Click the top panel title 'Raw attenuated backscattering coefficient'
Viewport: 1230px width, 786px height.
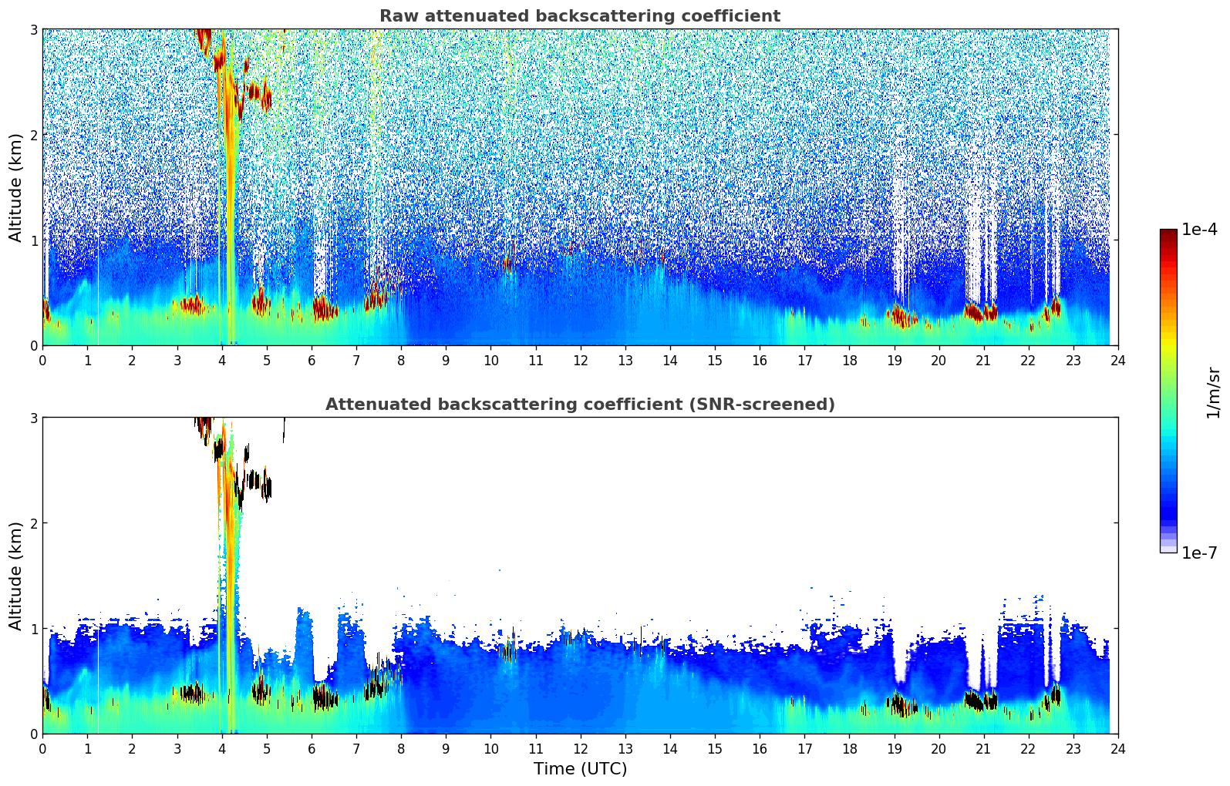(x=579, y=16)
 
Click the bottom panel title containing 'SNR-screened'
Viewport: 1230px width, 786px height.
(x=579, y=405)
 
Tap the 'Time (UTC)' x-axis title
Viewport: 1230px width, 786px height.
(x=580, y=769)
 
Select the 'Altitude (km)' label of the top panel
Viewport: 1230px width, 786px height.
(x=15, y=187)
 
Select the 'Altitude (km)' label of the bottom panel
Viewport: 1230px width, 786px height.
(x=15, y=576)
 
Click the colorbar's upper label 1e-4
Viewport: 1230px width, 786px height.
(x=1199, y=230)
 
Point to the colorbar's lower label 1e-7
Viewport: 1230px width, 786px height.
(x=1199, y=553)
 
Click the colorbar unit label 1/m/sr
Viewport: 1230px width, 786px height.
(x=1213, y=392)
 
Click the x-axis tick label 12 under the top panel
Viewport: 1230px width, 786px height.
(x=580, y=361)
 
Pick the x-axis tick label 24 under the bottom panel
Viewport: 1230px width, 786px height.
(x=1117, y=749)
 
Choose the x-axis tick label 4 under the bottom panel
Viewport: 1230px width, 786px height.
(x=222, y=749)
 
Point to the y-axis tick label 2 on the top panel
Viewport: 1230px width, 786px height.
(x=33, y=135)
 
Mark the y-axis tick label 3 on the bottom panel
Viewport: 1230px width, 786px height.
(x=33, y=418)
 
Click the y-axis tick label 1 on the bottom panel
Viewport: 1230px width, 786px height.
(x=33, y=629)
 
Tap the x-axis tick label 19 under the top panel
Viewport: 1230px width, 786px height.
(x=894, y=361)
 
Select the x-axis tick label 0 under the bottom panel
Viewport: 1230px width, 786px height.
(x=42, y=749)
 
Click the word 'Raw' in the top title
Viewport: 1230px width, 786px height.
(x=396, y=16)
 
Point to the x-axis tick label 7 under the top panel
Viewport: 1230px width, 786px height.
(x=356, y=361)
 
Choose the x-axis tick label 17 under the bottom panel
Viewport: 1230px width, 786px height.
(x=804, y=749)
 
